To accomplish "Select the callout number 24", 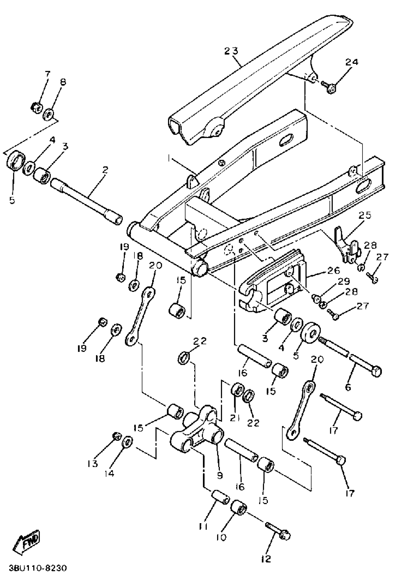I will pyautogui.click(x=352, y=62).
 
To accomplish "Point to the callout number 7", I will pyautogui.click(x=47, y=74).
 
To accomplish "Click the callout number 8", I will pyautogui.click(x=63, y=82).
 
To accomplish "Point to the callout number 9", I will pyautogui.click(x=220, y=475).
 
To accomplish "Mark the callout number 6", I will pyautogui.click(x=348, y=387).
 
